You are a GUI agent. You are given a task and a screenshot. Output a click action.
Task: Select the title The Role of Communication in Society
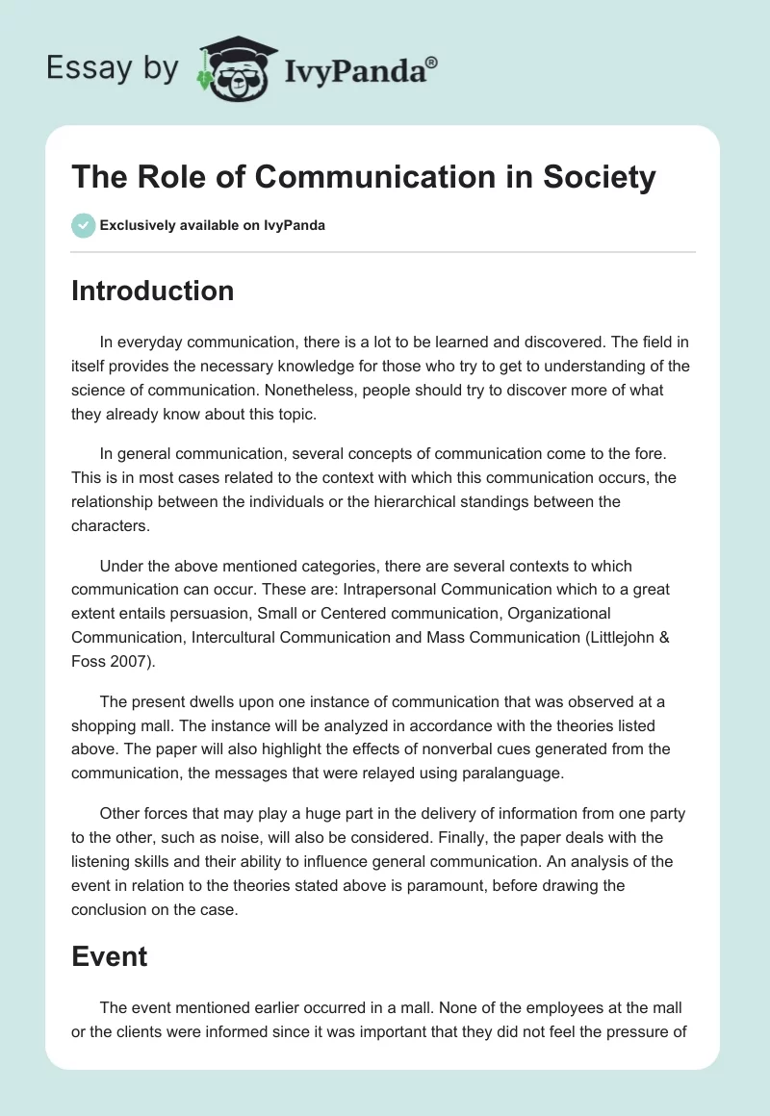click(363, 178)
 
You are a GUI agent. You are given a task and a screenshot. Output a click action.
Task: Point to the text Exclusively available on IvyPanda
click(212, 225)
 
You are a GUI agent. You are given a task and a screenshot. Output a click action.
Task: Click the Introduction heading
click(152, 291)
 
